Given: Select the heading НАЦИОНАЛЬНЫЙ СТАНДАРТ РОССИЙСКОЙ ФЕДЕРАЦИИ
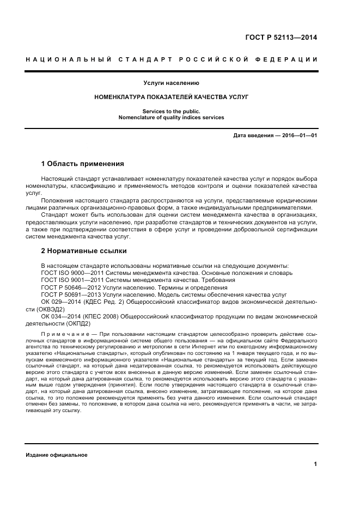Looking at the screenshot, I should pos(172,59).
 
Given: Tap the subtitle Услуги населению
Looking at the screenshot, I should pos(172,83).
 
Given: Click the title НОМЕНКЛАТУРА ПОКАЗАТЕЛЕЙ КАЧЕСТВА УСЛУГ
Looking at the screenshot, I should pos(172,97).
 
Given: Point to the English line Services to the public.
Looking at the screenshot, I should pos(172,111).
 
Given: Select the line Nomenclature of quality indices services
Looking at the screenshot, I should pos(172,117).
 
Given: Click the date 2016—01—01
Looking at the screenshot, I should pos(299,135).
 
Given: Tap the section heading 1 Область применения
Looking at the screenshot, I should pos(83,163).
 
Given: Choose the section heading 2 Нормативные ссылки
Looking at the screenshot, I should pos(84,251).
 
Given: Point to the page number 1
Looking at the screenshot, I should pos(315,464).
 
